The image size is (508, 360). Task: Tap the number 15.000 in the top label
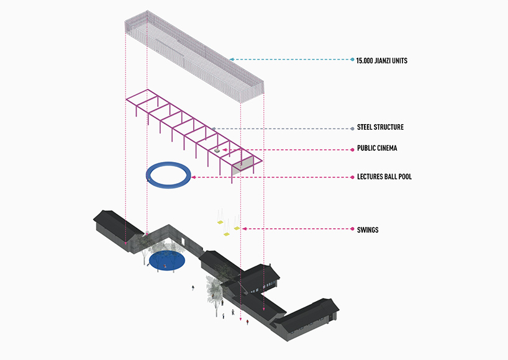click(x=365, y=60)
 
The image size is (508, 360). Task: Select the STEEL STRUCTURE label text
click(x=380, y=127)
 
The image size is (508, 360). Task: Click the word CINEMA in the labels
click(x=387, y=149)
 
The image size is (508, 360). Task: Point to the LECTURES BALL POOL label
click(x=384, y=177)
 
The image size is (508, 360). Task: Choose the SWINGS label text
click(x=368, y=230)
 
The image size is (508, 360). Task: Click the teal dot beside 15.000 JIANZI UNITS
click(x=352, y=60)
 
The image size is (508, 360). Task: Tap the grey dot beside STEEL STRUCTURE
click(x=352, y=128)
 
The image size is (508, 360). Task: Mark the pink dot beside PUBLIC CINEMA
click(x=352, y=150)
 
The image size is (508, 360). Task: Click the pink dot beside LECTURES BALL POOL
click(x=352, y=178)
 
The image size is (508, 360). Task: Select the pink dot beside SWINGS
click(x=352, y=229)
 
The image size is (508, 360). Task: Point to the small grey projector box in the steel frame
click(x=216, y=150)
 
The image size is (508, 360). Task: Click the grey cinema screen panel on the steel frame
click(x=242, y=164)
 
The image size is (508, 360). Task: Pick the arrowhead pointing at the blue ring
click(x=194, y=178)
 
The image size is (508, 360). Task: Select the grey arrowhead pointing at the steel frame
click(x=213, y=128)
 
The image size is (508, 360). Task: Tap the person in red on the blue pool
click(x=165, y=266)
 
